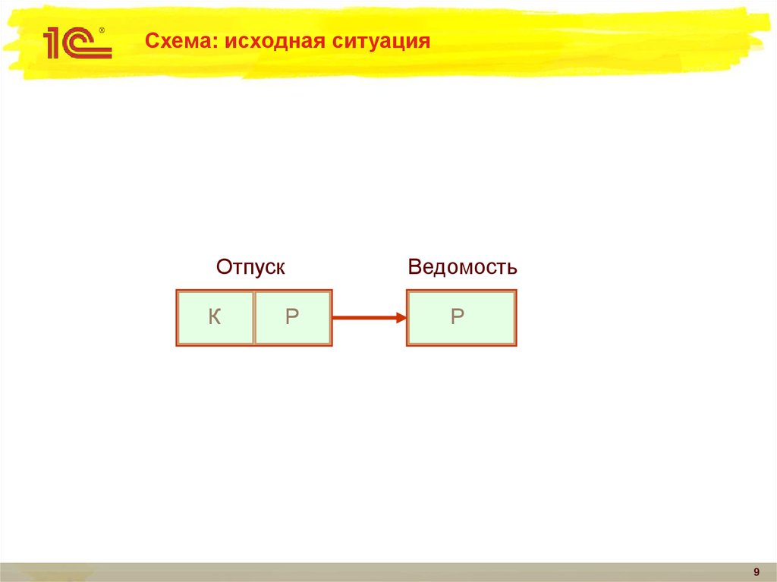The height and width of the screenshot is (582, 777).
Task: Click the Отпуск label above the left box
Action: click(x=250, y=267)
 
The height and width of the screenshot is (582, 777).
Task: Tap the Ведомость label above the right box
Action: click(x=462, y=267)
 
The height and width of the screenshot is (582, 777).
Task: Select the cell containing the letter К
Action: click(x=215, y=318)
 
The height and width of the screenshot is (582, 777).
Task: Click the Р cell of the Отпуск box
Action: click(x=293, y=318)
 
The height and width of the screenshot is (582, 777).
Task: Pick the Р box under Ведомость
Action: click(x=461, y=318)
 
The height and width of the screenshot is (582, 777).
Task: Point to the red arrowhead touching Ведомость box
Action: click(x=401, y=318)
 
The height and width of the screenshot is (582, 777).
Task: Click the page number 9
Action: click(x=756, y=571)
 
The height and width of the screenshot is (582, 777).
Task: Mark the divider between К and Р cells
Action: click(x=253, y=318)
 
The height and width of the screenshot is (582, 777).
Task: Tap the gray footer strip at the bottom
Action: click(x=379, y=572)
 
